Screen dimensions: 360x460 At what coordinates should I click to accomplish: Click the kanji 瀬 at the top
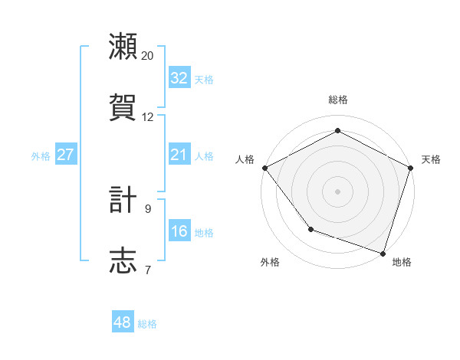pyautogui.click(x=123, y=47)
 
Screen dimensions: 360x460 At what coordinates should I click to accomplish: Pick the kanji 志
pyautogui.click(x=123, y=260)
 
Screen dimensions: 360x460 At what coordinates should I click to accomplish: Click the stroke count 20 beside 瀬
pyautogui.click(x=148, y=56)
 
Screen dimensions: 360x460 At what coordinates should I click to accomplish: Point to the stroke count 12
pyautogui.click(x=148, y=117)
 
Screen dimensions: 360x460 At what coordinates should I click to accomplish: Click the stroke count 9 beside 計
pyautogui.click(x=148, y=208)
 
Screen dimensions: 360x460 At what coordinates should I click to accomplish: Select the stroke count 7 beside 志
pyautogui.click(x=148, y=269)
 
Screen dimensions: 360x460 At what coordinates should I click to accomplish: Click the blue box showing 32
pyautogui.click(x=179, y=78)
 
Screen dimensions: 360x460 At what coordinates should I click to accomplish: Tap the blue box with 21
pyautogui.click(x=179, y=155)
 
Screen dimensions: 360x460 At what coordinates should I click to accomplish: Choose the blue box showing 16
pyautogui.click(x=179, y=231)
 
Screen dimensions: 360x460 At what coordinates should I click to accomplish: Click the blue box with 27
pyautogui.click(x=65, y=155)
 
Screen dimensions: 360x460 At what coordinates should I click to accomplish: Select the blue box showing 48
pyautogui.click(x=123, y=322)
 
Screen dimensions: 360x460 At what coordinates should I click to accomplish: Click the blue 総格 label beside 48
pyautogui.click(x=147, y=324)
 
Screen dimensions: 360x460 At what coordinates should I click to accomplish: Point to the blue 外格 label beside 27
pyautogui.click(x=41, y=156)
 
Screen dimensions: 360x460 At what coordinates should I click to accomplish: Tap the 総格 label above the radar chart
pyautogui.click(x=337, y=100)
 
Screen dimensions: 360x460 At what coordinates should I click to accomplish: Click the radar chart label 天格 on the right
pyautogui.click(x=431, y=159)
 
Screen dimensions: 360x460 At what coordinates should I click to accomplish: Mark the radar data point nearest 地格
pyautogui.click(x=383, y=252)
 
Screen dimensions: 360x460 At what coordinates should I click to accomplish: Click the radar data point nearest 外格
pyautogui.click(x=310, y=228)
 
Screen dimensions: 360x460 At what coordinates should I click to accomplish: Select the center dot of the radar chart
pyautogui.click(x=337, y=191)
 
